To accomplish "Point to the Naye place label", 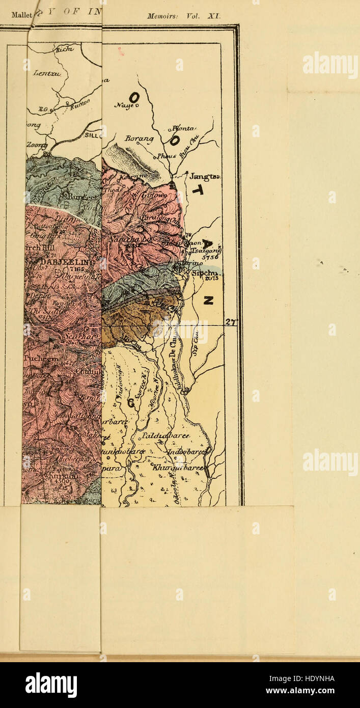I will (x=124, y=105).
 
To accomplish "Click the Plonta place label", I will (x=184, y=128).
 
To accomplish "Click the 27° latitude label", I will (x=232, y=322).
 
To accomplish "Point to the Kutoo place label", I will (x=78, y=105).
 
